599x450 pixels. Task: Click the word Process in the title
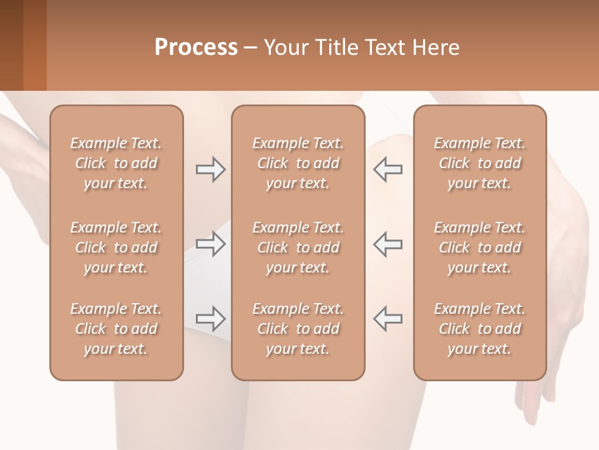coord(196,47)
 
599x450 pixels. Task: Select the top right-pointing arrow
coord(211,169)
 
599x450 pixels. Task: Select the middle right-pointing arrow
coord(211,244)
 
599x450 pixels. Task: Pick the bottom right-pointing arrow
coord(211,318)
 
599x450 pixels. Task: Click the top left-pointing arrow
coord(387,169)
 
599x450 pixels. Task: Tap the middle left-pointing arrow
coord(387,244)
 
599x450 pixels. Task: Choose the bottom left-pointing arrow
coord(387,318)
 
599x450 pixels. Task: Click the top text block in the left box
coord(116,163)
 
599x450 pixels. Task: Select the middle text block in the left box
coord(116,247)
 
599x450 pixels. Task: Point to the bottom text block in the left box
coord(116,329)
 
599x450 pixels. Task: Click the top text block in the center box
coord(298,163)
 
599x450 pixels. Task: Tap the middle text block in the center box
coord(298,247)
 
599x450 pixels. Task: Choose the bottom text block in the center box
coord(298,329)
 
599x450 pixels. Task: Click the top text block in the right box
coord(480,163)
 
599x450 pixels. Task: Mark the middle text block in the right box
coord(480,247)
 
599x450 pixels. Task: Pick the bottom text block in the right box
coord(480,329)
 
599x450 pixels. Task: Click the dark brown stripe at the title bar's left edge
coord(11,45)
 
